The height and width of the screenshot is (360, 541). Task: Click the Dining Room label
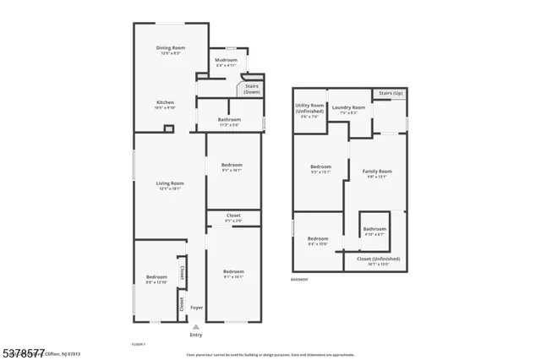click(170, 50)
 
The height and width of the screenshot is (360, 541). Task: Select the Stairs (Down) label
click(251, 89)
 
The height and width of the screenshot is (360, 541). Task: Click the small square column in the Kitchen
click(169, 128)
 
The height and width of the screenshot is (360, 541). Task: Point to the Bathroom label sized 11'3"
click(229, 122)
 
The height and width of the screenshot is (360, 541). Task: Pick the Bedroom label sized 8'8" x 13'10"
click(156, 280)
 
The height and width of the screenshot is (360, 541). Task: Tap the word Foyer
click(196, 308)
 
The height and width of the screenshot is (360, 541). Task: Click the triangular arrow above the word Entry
click(196, 326)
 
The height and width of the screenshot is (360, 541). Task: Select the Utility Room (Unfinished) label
click(309, 110)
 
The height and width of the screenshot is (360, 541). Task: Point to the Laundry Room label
click(348, 110)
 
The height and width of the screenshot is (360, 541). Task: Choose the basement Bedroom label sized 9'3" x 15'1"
click(320, 169)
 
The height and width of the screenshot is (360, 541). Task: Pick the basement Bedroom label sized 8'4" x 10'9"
click(318, 242)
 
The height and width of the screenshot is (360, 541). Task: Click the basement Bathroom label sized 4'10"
click(374, 231)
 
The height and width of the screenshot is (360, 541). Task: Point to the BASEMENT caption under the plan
click(300, 280)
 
